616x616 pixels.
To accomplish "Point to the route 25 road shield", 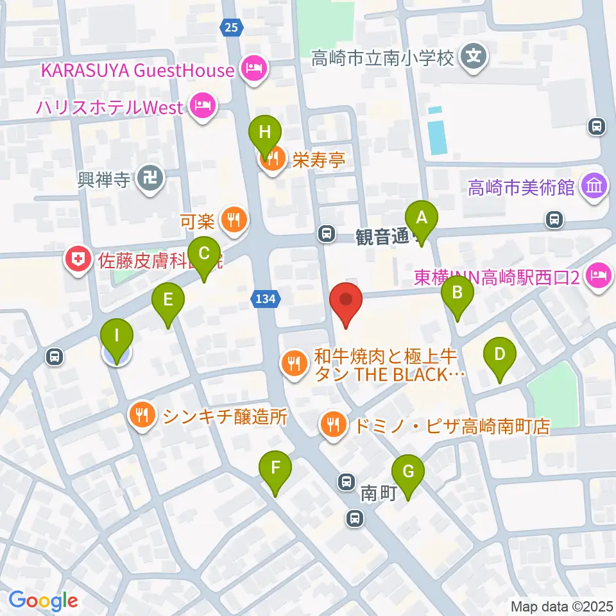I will tap(232, 26).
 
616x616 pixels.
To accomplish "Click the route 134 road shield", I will tap(265, 299).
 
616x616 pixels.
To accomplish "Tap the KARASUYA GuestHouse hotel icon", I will tap(253, 69).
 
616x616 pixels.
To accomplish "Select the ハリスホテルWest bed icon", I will tap(203, 107).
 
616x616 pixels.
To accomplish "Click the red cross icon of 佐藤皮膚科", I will tap(78, 261).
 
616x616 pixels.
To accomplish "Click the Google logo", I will tap(44, 601).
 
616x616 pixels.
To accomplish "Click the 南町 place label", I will tap(375, 493).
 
